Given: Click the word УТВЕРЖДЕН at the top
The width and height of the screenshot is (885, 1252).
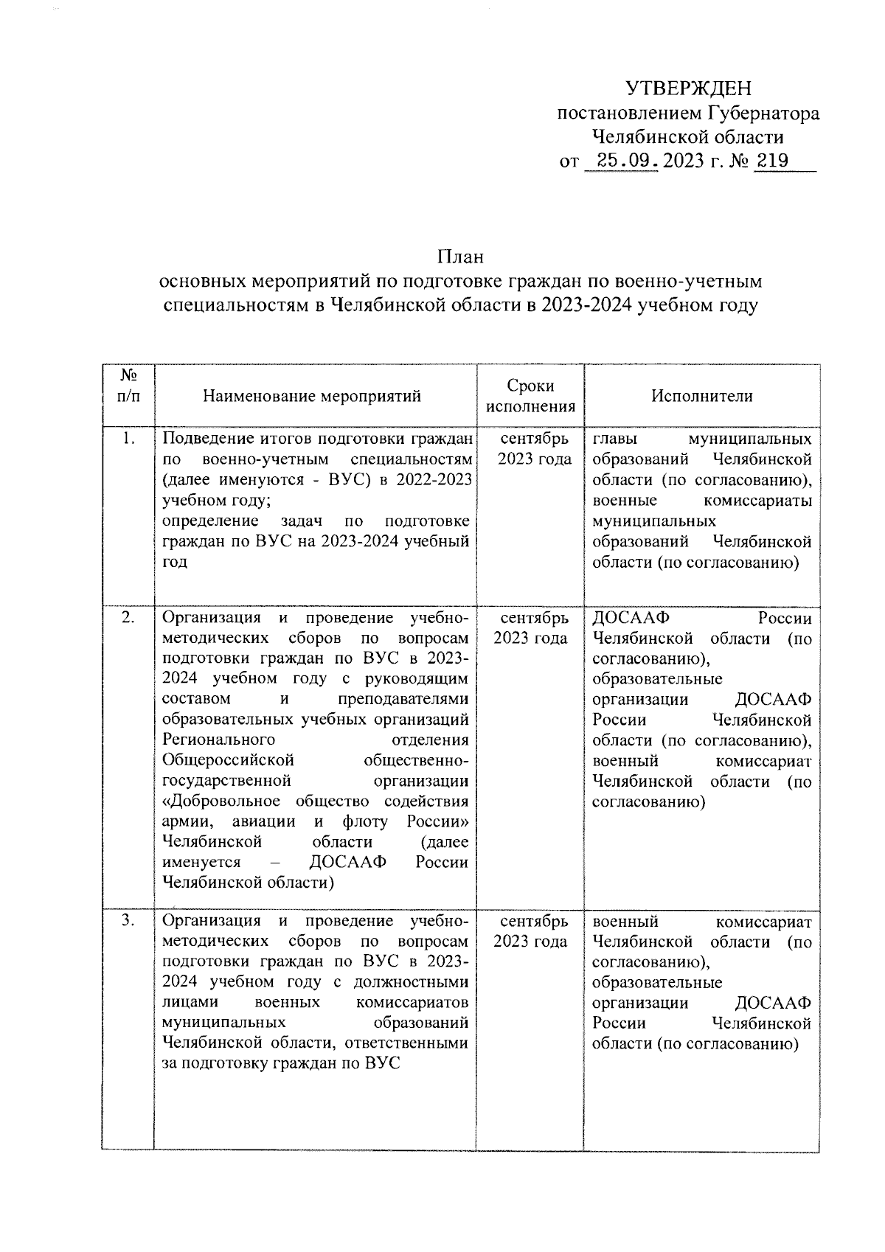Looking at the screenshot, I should [688, 89].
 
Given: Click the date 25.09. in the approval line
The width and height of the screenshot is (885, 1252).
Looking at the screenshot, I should [619, 161].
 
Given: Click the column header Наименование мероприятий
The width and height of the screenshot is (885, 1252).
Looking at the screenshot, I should [312, 396].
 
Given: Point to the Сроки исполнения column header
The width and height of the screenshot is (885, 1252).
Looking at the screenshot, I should [530, 396].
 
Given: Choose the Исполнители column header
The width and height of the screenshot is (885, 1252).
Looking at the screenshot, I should [701, 396].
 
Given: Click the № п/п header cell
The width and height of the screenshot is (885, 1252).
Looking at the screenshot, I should [128, 385].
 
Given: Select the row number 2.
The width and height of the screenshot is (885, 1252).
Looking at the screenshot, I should [128, 618].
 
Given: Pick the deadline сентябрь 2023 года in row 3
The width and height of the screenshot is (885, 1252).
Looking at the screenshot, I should [530, 931].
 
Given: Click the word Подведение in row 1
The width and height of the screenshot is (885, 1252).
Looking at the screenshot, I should [201, 439].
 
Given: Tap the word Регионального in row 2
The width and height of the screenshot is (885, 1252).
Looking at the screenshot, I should [218, 740].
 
